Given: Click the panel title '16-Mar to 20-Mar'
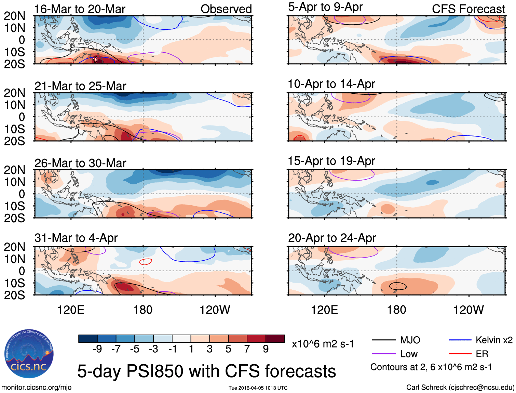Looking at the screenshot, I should click(80, 9).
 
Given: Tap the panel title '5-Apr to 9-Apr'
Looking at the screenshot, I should click(325, 7).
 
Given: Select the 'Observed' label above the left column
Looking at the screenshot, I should click(226, 9).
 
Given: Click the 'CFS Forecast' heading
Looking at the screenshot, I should click(468, 9).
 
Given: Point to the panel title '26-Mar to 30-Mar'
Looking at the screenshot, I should click(80, 163).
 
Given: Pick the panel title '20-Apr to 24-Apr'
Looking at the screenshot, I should click(332, 238).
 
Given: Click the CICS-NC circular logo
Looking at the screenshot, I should click(29, 354).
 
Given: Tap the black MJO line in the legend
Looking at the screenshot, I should click(383, 340).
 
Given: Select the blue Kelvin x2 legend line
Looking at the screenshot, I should click(460, 340).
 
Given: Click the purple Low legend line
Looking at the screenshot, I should click(383, 354).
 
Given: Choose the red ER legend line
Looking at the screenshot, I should click(460, 354).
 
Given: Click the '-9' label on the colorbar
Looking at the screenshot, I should click(97, 349).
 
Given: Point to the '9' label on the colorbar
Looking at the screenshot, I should click(266, 349).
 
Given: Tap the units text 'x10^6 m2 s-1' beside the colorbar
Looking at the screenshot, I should click(323, 344).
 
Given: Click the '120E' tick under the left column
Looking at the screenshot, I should click(71, 310).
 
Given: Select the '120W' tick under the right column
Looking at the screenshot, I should click(468, 310).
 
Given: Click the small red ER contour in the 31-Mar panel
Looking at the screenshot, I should click(146, 262).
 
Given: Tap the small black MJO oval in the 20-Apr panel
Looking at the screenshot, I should click(398, 286).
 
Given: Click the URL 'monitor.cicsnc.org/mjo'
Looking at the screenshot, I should click(36, 387).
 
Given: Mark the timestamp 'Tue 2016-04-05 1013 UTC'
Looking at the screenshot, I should click(258, 388).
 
